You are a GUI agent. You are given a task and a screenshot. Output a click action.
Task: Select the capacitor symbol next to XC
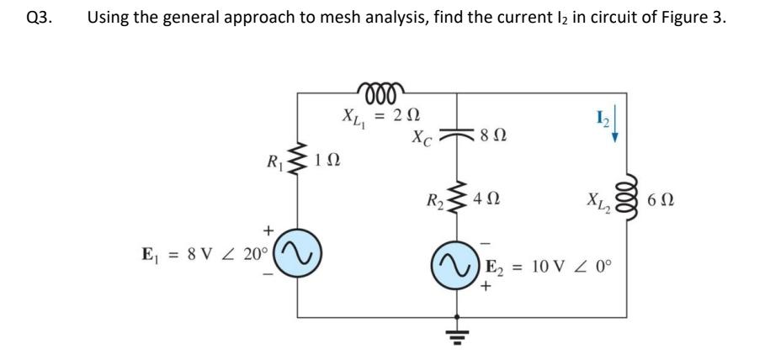458,135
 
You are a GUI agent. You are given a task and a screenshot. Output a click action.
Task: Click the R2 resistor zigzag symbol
458,201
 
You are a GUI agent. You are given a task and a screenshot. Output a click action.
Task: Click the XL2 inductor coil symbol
624,203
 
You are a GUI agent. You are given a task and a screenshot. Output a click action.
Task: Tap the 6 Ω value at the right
663,203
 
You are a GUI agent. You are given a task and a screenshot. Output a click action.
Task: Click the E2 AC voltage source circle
458,270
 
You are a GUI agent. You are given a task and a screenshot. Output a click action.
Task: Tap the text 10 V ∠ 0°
576,270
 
